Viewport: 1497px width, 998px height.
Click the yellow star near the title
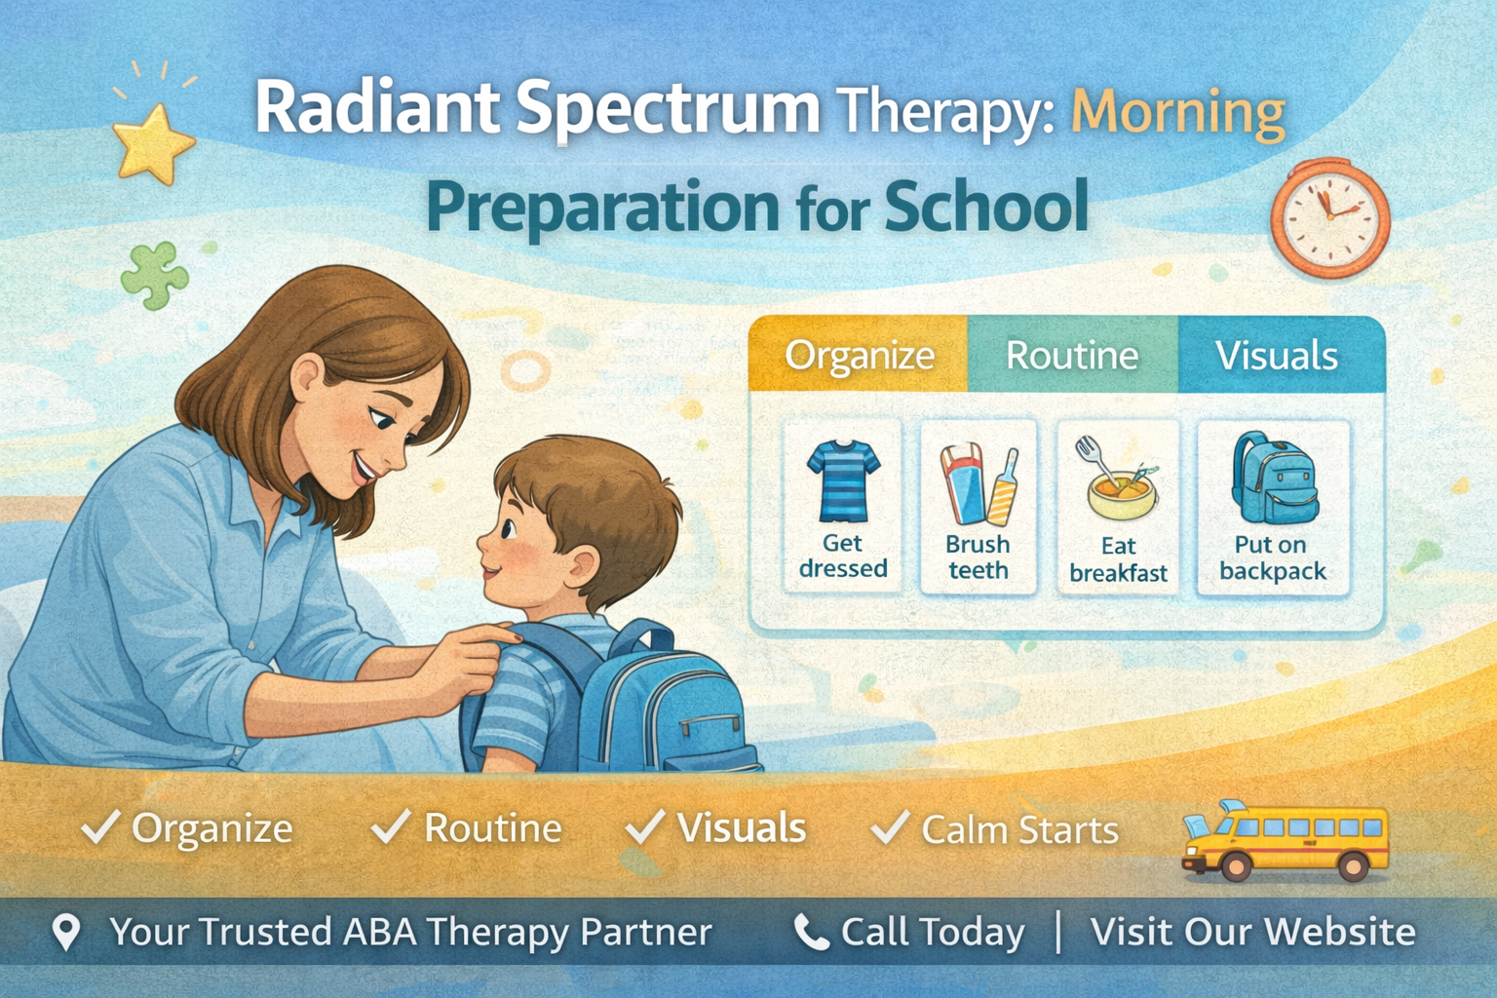[x=153, y=144]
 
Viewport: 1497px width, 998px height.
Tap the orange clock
[x=1329, y=219]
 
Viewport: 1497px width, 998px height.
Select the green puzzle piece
[x=154, y=275]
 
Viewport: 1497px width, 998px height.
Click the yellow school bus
[x=1285, y=841]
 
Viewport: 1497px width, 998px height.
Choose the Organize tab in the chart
[x=859, y=356]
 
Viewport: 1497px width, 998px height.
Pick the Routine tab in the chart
[x=1072, y=356]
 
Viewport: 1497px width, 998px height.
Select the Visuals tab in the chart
[x=1277, y=356]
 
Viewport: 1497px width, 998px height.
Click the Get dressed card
[x=843, y=505]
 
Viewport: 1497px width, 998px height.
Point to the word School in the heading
[x=986, y=207]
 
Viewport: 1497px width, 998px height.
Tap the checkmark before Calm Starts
[x=890, y=827]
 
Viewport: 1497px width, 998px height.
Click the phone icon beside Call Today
[x=811, y=933]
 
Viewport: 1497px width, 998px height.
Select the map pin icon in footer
[x=66, y=932]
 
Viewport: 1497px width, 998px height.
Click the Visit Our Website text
[x=1252, y=933]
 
